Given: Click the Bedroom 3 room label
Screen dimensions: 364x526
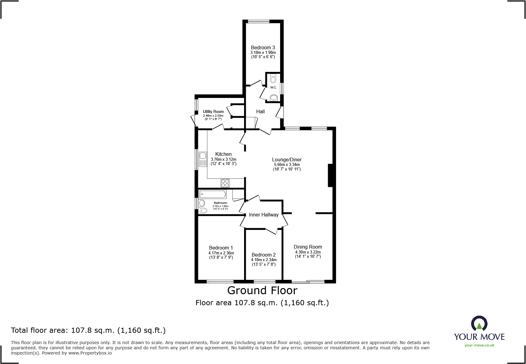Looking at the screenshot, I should click(263, 47).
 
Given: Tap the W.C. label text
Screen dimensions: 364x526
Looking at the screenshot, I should click(273, 88).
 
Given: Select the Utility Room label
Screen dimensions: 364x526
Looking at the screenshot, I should click(213, 111).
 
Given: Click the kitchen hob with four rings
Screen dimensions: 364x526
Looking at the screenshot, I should click(225, 183).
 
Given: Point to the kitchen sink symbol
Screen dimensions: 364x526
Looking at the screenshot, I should click(203, 159).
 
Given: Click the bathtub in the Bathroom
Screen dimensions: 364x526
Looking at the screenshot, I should click(213, 194).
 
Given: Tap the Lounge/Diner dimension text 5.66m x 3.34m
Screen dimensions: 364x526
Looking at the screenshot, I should click(287, 164).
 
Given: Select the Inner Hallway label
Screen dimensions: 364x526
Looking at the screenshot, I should click(264, 215).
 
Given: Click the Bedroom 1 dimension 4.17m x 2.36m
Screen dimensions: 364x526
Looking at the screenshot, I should click(221, 253).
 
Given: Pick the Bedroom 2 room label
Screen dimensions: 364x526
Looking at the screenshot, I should click(264, 255).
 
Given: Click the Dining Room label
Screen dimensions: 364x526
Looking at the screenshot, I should click(308, 247).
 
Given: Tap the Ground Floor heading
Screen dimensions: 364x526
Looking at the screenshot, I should click(262, 290).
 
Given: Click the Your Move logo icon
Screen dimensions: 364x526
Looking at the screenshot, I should click(479, 324).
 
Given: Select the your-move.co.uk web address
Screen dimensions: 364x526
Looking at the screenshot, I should click(479, 345).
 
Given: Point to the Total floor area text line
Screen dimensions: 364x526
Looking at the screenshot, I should click(88, 330).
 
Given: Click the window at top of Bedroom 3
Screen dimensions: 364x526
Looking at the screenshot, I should click(259, 21).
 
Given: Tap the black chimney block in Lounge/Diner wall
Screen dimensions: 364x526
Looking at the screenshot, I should click(330, 175).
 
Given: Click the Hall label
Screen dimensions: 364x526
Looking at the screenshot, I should click(260, 111).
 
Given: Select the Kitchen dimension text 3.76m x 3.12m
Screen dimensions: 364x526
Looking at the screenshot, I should click(224, 159).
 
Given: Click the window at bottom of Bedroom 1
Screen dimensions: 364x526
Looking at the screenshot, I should click(220, 281).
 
